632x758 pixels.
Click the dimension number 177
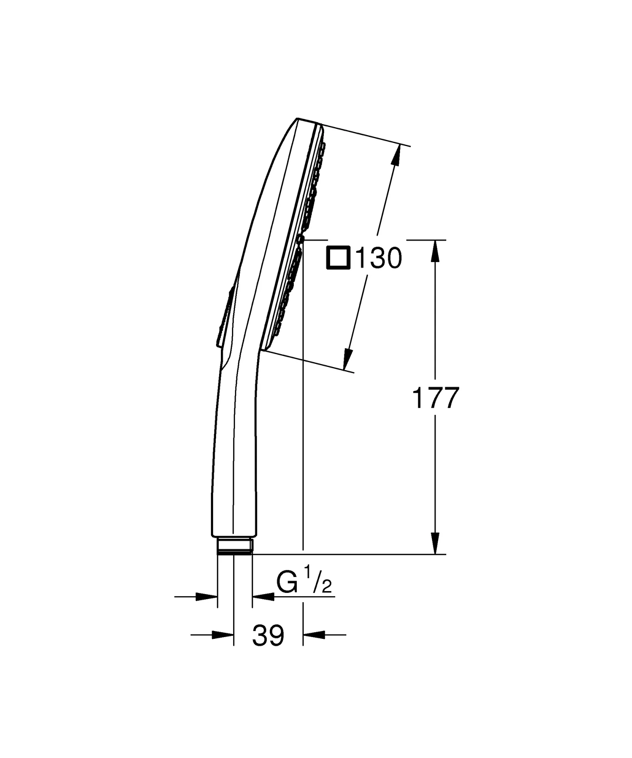pyautogui.click(x=435, y=398)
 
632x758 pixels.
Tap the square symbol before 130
pyautogui.click(x=338, y=258)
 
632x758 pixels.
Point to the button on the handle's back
pyautogui.click(x=225, y=318)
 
